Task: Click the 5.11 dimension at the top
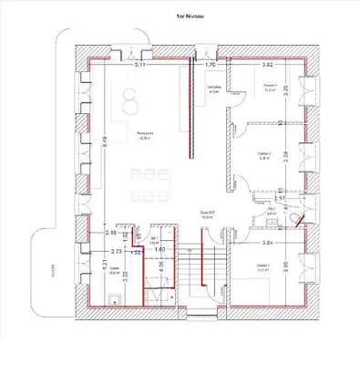tap(140, 66)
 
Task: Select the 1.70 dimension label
tap(209, 66)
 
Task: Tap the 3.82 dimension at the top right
tap(268, 66)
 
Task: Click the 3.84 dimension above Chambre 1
tap(268, 244)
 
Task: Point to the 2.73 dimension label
tap(117, 249)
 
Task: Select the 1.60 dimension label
tap(159, 249)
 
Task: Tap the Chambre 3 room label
tap(269, 89)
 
